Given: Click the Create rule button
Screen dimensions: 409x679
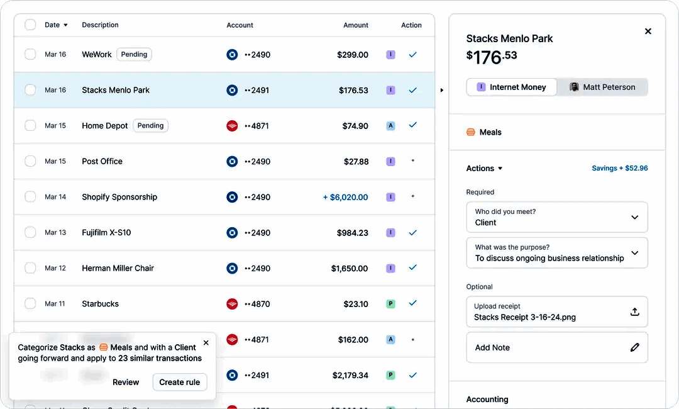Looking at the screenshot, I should (x=179, y=382).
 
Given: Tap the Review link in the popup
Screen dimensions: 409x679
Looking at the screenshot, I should (x=126, y=382).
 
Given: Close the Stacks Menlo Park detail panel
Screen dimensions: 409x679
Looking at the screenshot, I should (x=648, y=31).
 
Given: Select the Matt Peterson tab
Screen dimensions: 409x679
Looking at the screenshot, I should (x=602, y=87).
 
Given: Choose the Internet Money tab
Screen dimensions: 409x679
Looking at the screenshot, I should (x=511, y=87).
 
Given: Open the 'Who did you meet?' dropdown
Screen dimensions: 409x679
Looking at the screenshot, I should (x=556, y=217).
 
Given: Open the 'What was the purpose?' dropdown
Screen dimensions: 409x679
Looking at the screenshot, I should (x=556, y=253).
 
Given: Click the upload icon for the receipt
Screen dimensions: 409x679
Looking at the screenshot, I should (x=634, y=312).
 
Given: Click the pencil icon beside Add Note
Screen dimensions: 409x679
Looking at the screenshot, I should (x=634, y=347).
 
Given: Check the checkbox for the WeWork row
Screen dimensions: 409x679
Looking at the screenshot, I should (x=30, y=55).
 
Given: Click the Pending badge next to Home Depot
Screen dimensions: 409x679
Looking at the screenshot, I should (x=150, y=126).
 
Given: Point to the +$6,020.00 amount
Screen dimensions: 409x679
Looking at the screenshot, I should (x=345, y=197).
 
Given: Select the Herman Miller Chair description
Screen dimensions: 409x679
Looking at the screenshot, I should (x=118, y=268).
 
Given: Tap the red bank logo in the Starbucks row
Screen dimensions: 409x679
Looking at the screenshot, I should (x=232, y=304).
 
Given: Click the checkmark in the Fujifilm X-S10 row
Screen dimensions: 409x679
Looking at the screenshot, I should (x=412, y=233).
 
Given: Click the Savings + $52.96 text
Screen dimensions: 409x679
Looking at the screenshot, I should (x=619, y=169).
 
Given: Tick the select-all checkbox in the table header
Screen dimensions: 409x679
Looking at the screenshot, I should (x=30, y=25).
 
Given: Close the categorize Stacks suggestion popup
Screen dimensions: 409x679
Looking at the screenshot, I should (x=206, y=343).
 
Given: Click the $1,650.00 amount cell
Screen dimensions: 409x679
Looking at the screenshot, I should (x=349, y=268).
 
